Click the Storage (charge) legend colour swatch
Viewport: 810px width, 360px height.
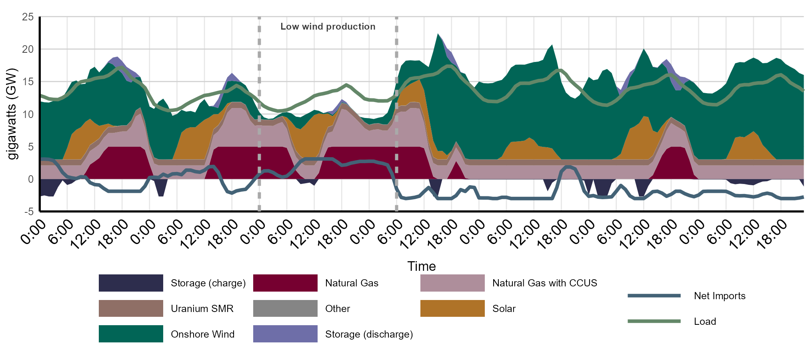131,283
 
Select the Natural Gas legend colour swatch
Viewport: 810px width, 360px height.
285,283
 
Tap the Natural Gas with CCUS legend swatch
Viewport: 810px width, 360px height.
452,283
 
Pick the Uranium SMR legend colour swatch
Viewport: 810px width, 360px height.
131,308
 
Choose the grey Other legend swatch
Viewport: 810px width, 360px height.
285,308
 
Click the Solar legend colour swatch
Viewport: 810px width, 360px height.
452,308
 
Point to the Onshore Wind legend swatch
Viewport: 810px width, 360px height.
131,334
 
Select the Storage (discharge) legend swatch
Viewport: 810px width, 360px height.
285,334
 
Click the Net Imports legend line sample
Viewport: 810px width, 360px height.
654,296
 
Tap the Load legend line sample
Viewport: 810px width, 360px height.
654,321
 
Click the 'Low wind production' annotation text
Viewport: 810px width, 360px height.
328,26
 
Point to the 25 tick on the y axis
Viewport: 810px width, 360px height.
28,17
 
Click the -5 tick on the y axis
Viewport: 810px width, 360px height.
29,212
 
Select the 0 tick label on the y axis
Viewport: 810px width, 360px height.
31,179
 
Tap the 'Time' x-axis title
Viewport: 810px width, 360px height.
422,266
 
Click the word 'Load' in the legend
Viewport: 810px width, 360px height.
705,321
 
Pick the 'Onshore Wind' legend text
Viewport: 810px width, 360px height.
202,334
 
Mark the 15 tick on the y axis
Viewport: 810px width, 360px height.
28,82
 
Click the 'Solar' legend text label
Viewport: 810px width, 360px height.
504,308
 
